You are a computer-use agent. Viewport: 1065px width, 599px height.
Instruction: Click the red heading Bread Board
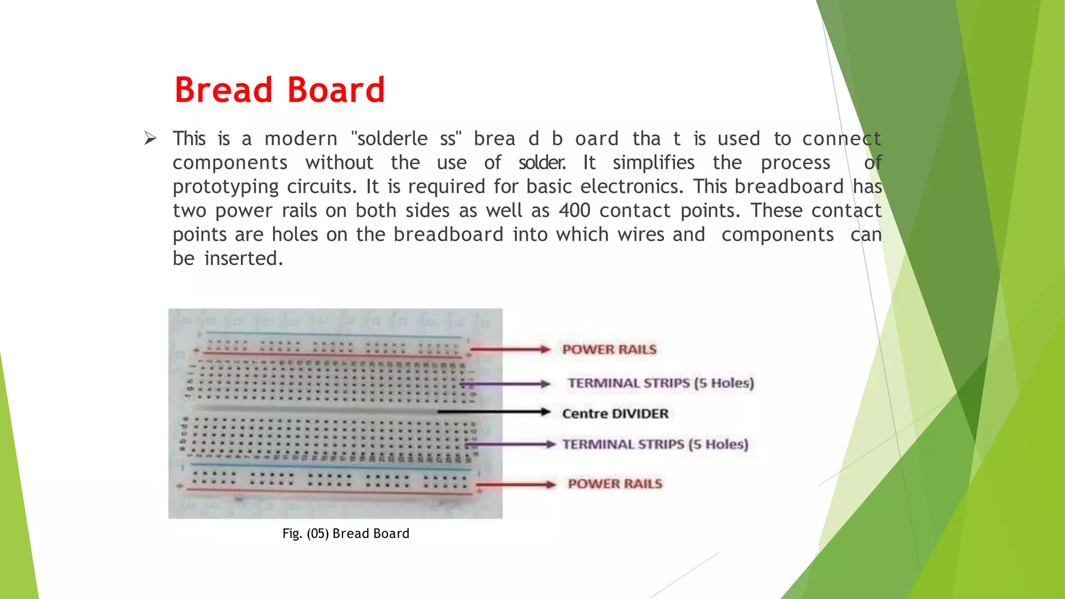[x=279, y=90]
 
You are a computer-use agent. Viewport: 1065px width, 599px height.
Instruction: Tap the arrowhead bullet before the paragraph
[x=150, y=138]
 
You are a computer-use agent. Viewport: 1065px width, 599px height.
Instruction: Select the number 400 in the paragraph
[x=575, y=211]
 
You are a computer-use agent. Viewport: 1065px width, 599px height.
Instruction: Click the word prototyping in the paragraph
[x=226, y=187]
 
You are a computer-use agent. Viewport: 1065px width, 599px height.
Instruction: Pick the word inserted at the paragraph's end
[x=243, y=258]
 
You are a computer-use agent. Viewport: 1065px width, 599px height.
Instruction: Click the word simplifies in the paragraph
[x=653, y=163]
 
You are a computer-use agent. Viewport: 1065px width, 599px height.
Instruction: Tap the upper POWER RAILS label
[x=609, y=349]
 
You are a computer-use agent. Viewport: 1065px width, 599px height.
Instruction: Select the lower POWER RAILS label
[x=615, y=484]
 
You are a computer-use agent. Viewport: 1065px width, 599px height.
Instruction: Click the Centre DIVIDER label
[x=615, y=414]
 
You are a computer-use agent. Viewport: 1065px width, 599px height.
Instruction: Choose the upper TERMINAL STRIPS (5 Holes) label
[x=660, y=383]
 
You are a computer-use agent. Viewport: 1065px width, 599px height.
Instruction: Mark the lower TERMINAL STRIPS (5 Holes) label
[x=655, y=445]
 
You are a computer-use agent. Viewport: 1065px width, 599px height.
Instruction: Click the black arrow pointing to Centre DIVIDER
[x=494, y=412]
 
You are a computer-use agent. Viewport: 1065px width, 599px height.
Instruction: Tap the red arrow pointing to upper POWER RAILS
[x=510, y=349]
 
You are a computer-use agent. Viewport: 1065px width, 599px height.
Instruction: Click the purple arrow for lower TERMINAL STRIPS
[x=512, y=445]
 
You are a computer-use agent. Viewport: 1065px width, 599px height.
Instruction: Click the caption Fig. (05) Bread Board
[x=346, y=533]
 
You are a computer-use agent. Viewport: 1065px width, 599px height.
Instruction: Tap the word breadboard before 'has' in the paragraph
[x=789, y=187]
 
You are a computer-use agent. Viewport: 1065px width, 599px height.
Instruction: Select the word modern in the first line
[x=301, y=139]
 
